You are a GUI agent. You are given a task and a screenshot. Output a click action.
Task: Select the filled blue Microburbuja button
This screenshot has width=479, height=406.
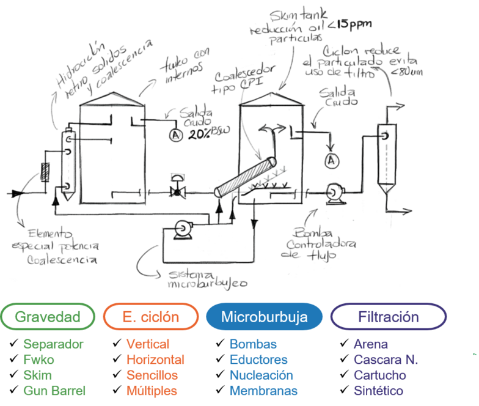[x=265, y=317]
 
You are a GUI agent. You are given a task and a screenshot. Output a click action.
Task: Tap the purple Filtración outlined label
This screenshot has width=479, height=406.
[x=388, y=317]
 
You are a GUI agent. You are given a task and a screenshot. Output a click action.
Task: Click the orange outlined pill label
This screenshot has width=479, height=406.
[x=151, y=317]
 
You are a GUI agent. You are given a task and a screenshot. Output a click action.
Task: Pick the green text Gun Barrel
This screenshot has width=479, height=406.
[x=54, y=390]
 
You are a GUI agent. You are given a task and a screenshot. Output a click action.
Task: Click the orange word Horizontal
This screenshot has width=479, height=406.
[x=155, y=360]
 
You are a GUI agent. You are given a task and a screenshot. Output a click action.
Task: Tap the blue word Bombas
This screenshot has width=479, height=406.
[x=253, y=344]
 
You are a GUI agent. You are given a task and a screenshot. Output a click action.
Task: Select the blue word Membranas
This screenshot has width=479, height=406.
[x=264, y=390]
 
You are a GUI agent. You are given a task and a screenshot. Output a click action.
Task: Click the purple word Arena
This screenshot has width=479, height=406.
[x=371, y=344]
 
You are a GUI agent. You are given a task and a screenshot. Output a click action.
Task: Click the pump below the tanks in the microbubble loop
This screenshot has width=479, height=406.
[x=182, y=229]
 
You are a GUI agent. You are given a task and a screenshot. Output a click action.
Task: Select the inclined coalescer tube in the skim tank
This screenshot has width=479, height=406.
[x=245, y=178]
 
